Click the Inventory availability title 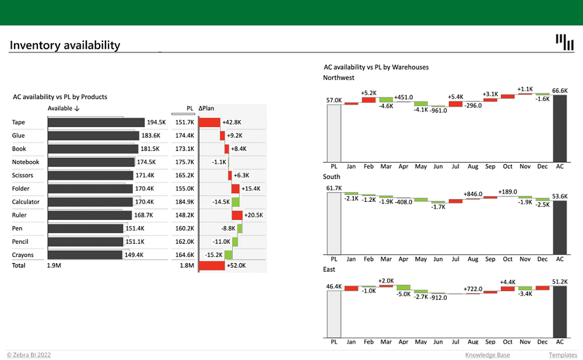tap(65, 45)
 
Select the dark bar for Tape tap(96, 123)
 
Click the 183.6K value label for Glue tap(150, 135)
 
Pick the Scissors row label tap(23, 175)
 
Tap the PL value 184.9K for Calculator tap(184, 202)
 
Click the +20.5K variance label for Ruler tap(254, 215)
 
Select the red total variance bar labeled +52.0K tap(212, 265)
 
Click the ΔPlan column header tap(207, 108)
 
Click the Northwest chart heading tap(338, 78)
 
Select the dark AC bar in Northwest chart tap(560, 128)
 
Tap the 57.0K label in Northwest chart tap(334, 100)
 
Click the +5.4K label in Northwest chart tap(455, 97)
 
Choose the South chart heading tap(332, 176)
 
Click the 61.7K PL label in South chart tap(334, 188)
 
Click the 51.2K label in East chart tap(560, 282)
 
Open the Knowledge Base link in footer tap(487, 355)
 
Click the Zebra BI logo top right tap(564, 42)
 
